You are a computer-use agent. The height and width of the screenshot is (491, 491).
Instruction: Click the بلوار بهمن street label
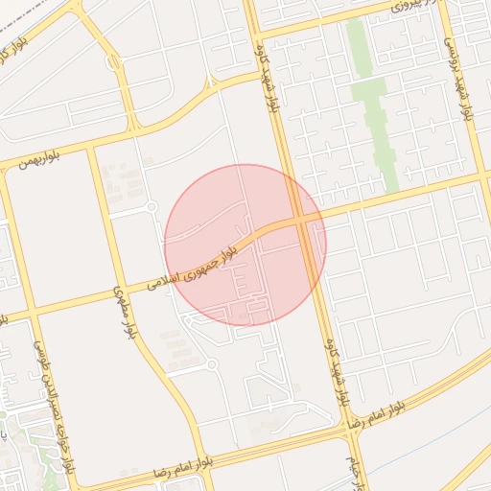pyautogui.click(x=36, y=159)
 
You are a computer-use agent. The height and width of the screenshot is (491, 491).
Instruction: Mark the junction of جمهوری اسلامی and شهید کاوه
pyautogui.click(x=305, y=222)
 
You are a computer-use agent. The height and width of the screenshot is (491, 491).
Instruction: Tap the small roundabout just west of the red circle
pyautogui.click(x=151, y=207)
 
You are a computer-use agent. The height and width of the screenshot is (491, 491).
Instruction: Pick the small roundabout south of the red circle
pyautogui.click(x=211, y=364)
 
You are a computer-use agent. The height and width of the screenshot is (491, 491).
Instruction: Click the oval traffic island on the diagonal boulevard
pyautogui.click(x=114, y=63)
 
